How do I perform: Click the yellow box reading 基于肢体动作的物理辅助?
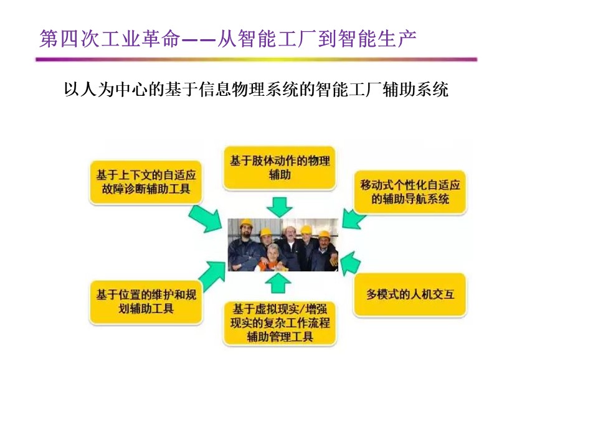tap(280, 167)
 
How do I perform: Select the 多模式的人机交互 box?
tap(410, 294)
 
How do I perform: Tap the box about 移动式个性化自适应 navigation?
tap(410, 192)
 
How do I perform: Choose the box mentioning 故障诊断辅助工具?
tap(146, 182)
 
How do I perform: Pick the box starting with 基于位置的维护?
tap(146, 301)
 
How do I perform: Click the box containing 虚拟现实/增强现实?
tap(280, 323)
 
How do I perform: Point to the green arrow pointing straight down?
tap(280, 207)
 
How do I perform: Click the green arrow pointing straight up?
tap(278, 282)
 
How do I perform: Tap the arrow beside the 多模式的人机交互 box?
tap(349, 263)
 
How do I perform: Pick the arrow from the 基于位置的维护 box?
tap(212, 275)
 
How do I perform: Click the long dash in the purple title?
tap(199, 39)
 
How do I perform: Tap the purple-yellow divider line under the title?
tap(256, 60)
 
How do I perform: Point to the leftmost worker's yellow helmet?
tap(246, 223)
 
